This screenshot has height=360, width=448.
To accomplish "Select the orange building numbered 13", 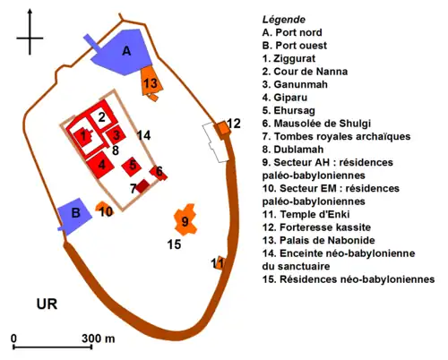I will click(151, 83).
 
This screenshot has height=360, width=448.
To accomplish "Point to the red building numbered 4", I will click(103, 164).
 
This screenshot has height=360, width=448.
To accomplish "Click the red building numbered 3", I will click(116, 135).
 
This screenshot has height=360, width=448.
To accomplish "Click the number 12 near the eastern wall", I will click(234, 123).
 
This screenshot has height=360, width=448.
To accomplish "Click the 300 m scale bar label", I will click(98, 339).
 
